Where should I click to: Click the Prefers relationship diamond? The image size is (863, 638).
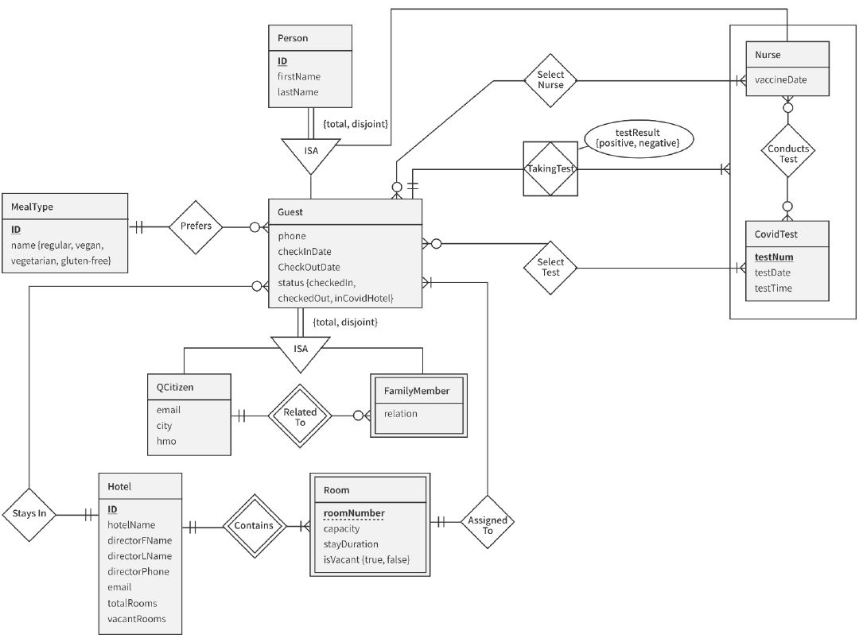click(x=196, y=226)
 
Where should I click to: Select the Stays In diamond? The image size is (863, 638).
click(x=29, y=513)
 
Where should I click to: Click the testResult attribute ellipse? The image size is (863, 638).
click(x=638, y=137)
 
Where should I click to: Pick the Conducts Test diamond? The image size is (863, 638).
click(x=787, y=153)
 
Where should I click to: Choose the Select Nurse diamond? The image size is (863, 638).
click(x=550, y=80)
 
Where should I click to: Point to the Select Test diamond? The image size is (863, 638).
click(x=550, y=268)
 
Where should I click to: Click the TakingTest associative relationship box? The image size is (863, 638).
click(x=550, y=168)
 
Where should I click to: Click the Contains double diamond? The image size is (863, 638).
click(x=253, y=525)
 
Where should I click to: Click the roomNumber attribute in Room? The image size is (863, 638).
click(x=354, y=513)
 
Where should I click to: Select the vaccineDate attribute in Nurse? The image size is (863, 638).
click(x=781, y=79)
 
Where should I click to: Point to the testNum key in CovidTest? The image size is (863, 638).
click(x=774, y=257)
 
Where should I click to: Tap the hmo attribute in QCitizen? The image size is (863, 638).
click(x=165, y=441)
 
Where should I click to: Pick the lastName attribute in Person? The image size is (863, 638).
click(x=298, y=92)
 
